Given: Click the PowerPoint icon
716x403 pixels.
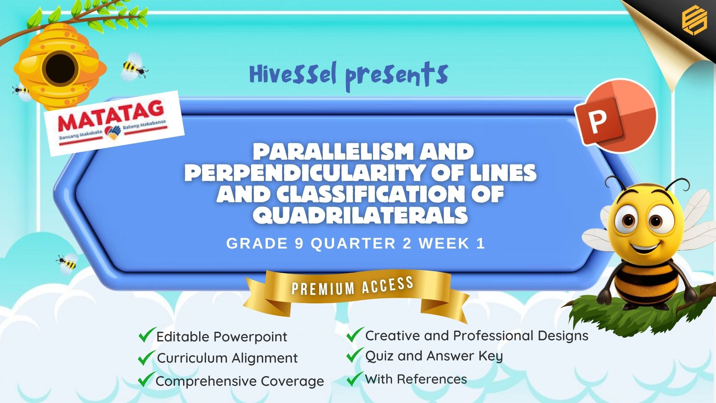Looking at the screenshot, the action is pyautogui.click(x=616, y=116).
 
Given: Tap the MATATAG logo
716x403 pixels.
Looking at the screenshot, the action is pyautogui.click(x=114, y=123).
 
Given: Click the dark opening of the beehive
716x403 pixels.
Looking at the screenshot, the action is pyautogui.click(x=60, y=69).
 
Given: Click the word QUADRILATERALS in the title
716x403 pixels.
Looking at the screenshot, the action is pyautogui.click(x=360, y=215).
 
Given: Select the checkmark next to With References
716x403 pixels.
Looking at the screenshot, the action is pyautogui.click(x=355, y=378).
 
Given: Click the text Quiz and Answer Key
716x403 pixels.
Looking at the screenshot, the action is pyautogui.click(x=434, y=356).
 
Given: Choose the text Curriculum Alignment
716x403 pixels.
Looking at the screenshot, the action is pyautogui.click(x=227, y=358).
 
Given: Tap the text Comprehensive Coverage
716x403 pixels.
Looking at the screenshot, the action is pyautogui.click(x=240, y=381).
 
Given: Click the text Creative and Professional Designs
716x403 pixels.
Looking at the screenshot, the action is pyautogui.click(x=477, y=336).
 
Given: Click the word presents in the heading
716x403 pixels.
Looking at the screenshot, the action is pyautogui.click(x=397, y=76).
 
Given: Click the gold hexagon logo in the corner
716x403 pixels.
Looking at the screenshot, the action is pyautogui.click(x=694, y=21).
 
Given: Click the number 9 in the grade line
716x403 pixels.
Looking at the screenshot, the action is pyautogui.click(x=299, y=244).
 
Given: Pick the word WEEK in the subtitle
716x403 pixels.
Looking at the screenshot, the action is pyautogui.click(x=443, y=244).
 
